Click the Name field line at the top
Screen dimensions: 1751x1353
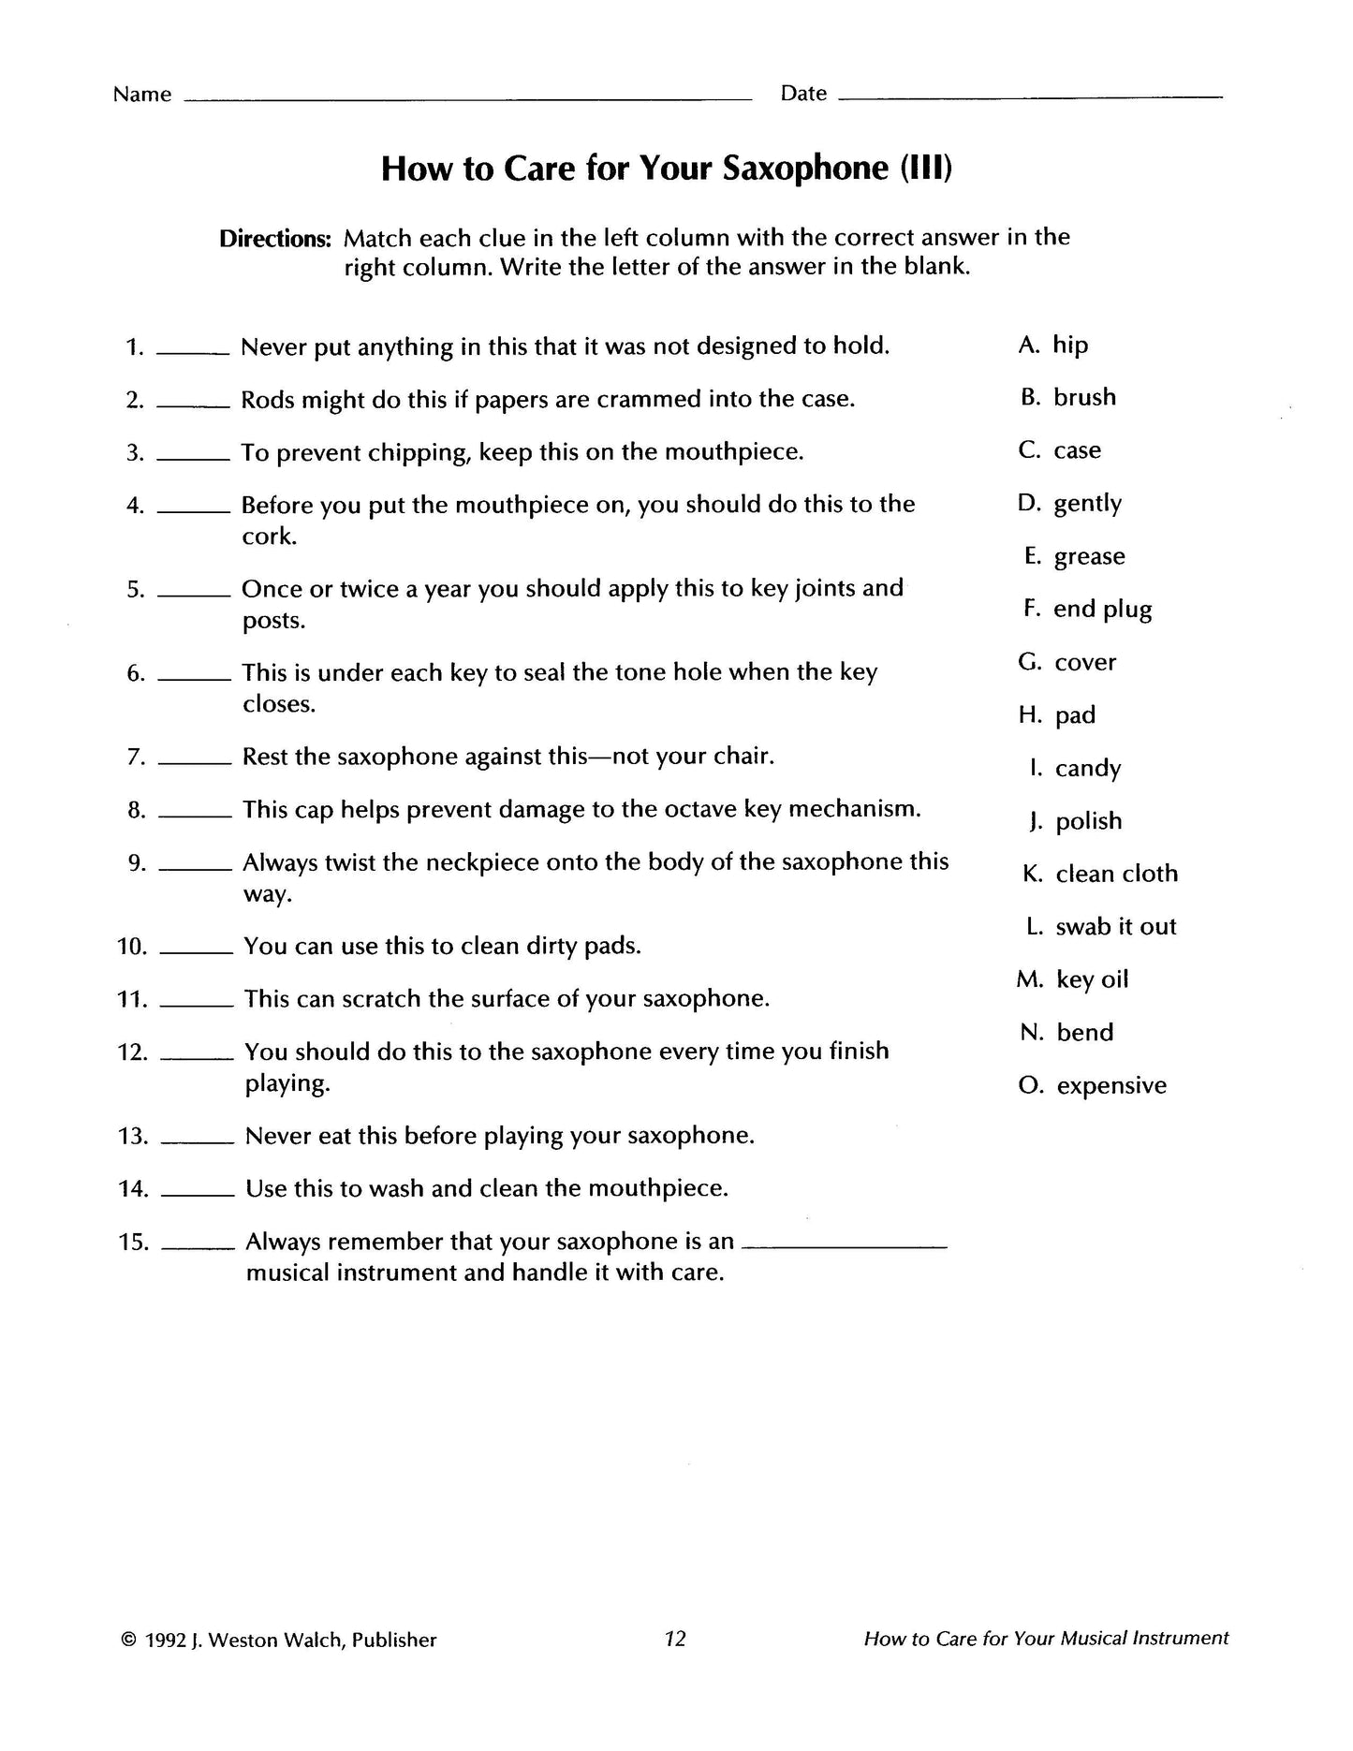click(468, 97)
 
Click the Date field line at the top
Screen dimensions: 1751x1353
click(1030, 96)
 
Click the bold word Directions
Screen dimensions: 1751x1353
click(275, 239)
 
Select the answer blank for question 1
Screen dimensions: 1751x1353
click(193, 352)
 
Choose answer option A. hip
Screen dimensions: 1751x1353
click(1053, 346)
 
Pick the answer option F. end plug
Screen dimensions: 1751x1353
click(1088, 610)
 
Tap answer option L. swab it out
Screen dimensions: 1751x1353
click(1101, 927)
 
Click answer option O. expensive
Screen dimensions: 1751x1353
click(1093, 1086)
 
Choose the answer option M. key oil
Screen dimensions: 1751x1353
click(1073, 980)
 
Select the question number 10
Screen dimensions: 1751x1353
click(132, 947)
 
